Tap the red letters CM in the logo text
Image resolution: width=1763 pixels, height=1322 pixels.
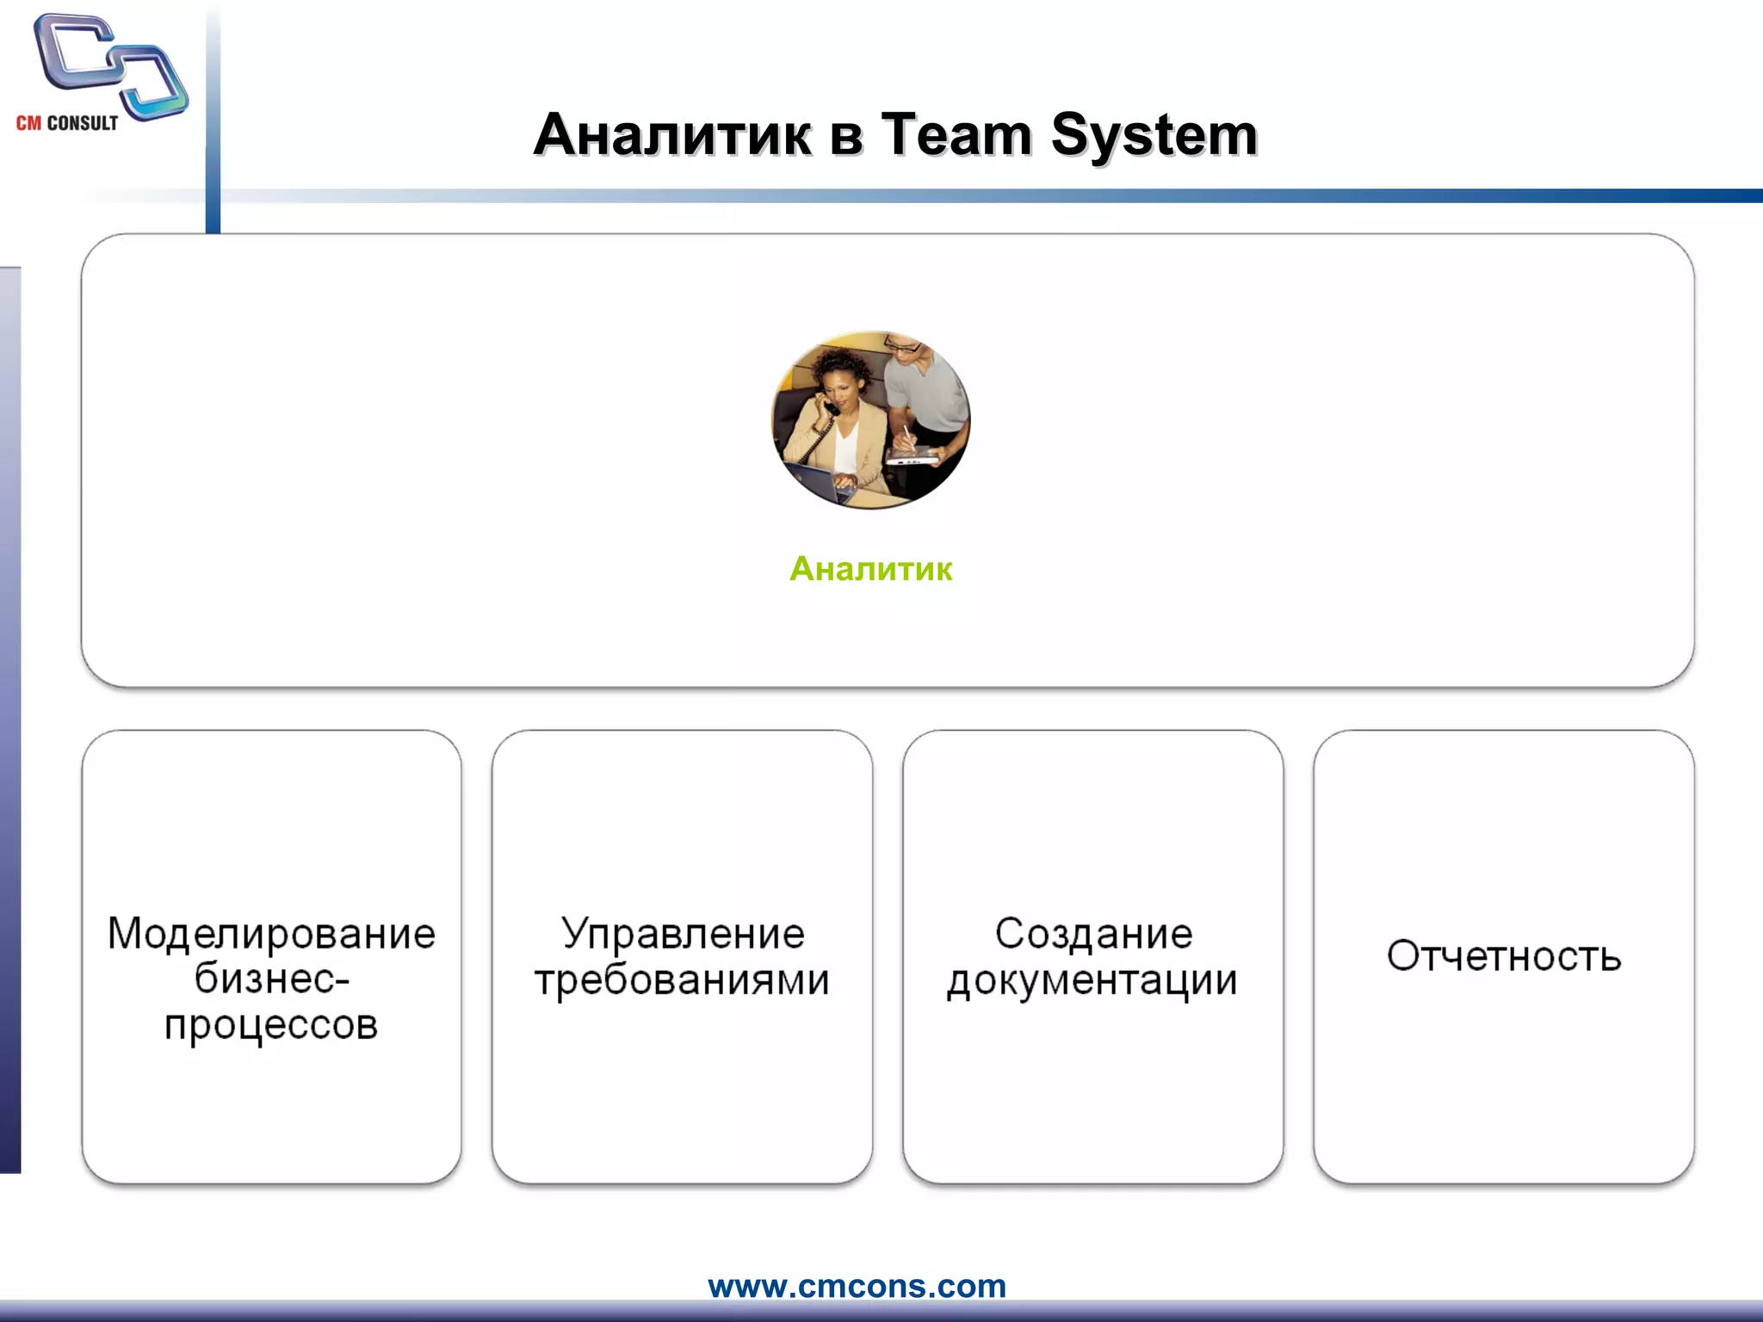28,123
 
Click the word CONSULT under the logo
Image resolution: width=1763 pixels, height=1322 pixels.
83,123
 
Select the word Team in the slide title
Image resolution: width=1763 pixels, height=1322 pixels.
956,135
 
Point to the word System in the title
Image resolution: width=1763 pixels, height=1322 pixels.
1154,135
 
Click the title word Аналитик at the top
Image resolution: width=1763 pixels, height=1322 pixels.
672,135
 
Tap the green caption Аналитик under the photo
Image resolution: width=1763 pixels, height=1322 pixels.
870,569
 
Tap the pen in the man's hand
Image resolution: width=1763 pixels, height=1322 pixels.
907,436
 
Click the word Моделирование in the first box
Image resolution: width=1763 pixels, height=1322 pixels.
271,934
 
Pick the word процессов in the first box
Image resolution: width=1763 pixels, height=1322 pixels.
271,1024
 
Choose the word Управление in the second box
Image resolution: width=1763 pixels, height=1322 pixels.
683,934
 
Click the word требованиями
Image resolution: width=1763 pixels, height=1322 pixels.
682,979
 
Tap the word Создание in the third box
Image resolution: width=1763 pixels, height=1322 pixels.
1093,934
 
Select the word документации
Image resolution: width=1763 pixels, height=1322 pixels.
1092,979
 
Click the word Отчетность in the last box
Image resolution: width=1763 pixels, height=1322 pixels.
1504,956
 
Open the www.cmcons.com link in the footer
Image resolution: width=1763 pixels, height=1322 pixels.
857,1286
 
